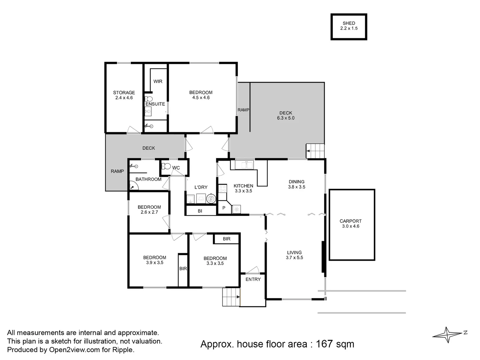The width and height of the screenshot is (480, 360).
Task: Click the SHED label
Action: [x=349, y=23]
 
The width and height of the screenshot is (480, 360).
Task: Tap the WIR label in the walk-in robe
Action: [x=158, y=82]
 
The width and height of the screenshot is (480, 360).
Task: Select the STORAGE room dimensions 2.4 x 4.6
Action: [x=124, y=98]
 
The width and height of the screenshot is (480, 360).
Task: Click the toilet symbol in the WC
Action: [x=166, y=167]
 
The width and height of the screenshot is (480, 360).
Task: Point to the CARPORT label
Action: [x=351, y=221]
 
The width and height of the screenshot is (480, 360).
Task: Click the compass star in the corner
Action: [x=448, y=335]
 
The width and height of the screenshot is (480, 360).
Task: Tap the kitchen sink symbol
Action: [x=244, y=165]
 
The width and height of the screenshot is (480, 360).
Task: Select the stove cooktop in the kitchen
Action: [x=223, y=189]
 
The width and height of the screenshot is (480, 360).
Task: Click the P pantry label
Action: [x=224, y=208]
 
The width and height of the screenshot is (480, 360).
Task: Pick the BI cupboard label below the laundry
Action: [x=200, y=211]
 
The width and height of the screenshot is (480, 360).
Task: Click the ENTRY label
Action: [x=253, y=279]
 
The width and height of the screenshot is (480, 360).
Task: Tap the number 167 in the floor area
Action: [x=324, y=344]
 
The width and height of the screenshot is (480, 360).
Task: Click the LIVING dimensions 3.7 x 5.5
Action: [x=294, y=258]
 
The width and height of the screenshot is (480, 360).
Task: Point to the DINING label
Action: [x=297, y=182]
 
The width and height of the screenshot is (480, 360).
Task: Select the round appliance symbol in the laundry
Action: [x=211, y=199]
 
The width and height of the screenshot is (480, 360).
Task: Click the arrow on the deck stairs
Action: [x=308, y=151]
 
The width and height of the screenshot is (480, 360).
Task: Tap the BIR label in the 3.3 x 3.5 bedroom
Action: [x=227, y=239]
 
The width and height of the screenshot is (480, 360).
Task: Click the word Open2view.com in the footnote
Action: [x=74, y=350]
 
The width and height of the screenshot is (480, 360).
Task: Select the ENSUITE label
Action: [x=155, y=104]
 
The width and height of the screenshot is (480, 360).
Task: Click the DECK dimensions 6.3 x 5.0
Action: [x=286, y=118]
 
